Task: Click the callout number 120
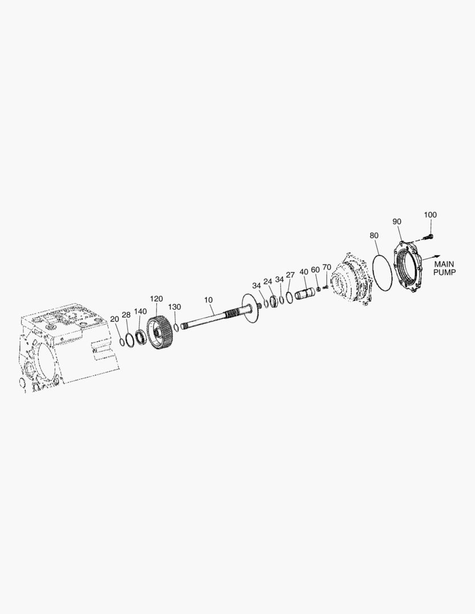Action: [x=156, y=299]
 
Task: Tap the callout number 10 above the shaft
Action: [x=208, y=300]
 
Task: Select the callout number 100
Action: [x=430, y=214]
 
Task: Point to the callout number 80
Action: [x=374, y=235]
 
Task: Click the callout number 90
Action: [x=396, y=222]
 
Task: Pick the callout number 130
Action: [x=175, y=307]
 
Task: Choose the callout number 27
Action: [x=290, y=275]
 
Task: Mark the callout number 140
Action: [x=141, y=312]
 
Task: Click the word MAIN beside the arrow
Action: [x=444, y=264]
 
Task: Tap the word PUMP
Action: [x=444, y=272]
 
